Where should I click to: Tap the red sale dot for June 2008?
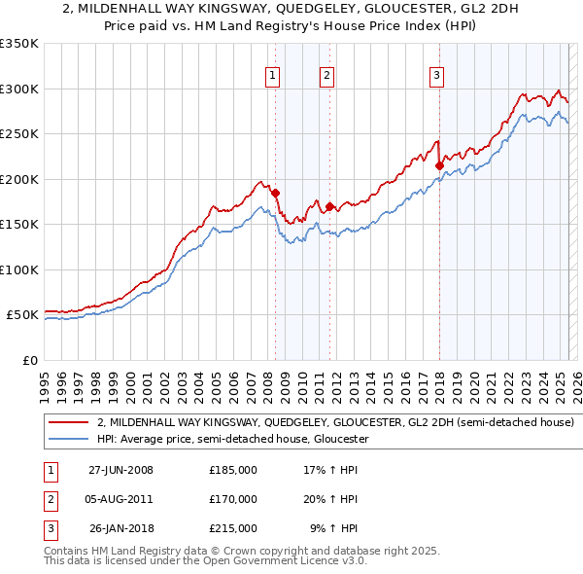pos(276,194)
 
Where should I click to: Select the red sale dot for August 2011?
pos(330,206)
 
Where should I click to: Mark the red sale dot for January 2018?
pos(439,166)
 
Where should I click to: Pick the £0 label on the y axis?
pos(30,360)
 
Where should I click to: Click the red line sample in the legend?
pos(69,423)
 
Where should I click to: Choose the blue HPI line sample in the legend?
pos(69,439)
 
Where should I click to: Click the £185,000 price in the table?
pos(233,470)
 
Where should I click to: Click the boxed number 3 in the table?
pos(48,528)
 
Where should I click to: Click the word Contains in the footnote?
pos(68,551)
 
